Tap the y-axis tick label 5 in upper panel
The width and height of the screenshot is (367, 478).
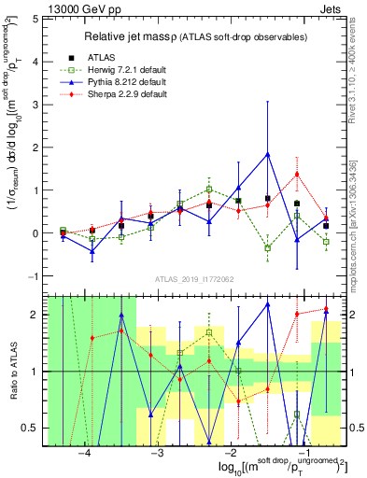[x=35, y=18]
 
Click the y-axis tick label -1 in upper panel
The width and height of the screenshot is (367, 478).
[x=33, y=276]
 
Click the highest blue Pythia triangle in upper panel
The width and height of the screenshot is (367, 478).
[x=267, y=154]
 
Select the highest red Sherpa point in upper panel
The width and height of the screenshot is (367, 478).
[x=297, y=174]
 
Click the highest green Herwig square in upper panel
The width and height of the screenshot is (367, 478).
[x=209, y=190]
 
